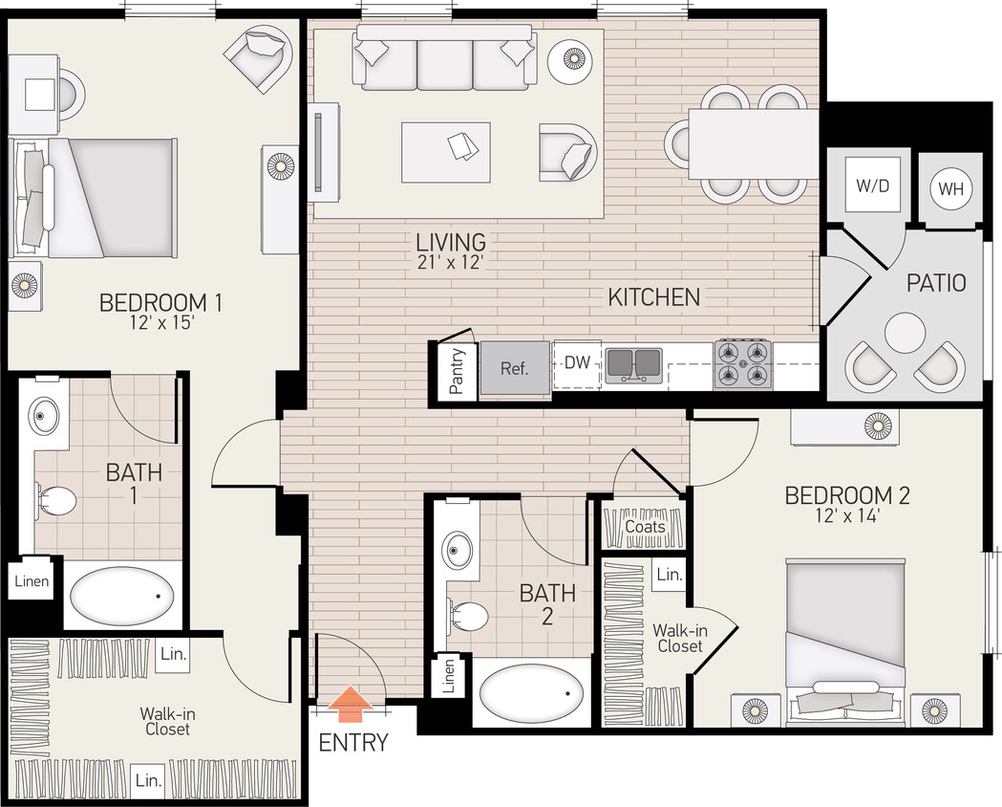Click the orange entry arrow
point(352,705)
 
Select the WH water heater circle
point(950,188)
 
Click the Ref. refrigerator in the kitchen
point(515,367)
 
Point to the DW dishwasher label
point(577,362)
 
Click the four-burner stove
point(742,363)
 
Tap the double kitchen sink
point(632,363)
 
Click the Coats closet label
point(645,527)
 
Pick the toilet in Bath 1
point(59,499)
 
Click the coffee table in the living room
point(446,151)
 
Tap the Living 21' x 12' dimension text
point(451,263)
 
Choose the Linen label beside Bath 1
point(31,581)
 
